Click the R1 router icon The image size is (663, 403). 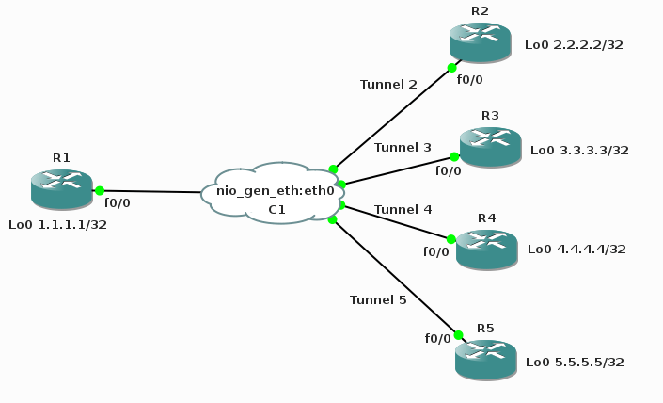[x=61, y=189]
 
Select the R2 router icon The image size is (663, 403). [x=480, y=42]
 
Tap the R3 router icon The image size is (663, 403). [x=490, y=147]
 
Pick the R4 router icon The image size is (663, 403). [x=486, y=249]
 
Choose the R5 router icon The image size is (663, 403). [x=485, y=360]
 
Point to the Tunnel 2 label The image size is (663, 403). [x=388, y=84]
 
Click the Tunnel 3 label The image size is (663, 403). [x=403, y=147]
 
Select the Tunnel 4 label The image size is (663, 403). [x=403, y=208]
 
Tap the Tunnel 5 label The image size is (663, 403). [x=378, y=299]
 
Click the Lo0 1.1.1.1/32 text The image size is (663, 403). [x=57, y=225]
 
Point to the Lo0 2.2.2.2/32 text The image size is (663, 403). [x=574, y=44]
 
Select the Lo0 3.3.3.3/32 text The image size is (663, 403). [x=579, y=150]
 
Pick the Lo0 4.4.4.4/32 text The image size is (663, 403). [x=576, y=250]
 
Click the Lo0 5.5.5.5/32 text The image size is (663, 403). [x=575, y=362]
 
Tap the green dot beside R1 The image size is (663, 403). [x=100, y=190]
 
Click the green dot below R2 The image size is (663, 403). [x=452, y=68]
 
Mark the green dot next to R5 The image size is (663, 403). [x=458, y=335]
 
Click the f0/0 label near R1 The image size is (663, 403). [x=118, y=202]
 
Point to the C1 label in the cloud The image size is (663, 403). [x=276, y=209]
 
